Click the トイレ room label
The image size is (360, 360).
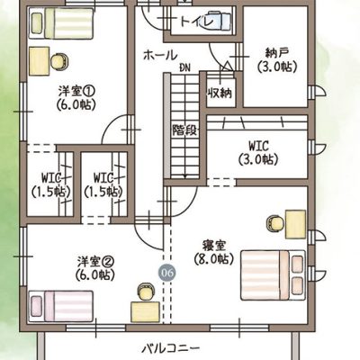point(196,22)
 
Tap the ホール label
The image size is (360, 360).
point(160,55)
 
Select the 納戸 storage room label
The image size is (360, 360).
point(277,53)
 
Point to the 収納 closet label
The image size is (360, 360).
point(220,94)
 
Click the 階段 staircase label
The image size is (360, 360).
point(184,130)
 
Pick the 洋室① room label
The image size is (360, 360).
point(76,90)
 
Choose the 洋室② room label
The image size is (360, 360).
point(95,261)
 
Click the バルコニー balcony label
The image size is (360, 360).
point(170,349)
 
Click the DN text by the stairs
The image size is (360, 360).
point(184,67)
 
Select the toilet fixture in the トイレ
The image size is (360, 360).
point(218,20)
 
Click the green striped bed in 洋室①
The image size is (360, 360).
point(61,23)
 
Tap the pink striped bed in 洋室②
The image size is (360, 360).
point(61,307)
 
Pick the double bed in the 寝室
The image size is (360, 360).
point(273,275)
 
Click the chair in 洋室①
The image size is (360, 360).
point(59,62)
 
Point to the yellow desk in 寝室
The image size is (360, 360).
point(295,224)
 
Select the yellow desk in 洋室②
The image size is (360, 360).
point(145,312)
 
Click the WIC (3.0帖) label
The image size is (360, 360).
point(258,153)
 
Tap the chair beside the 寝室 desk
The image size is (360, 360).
point(275,223)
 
